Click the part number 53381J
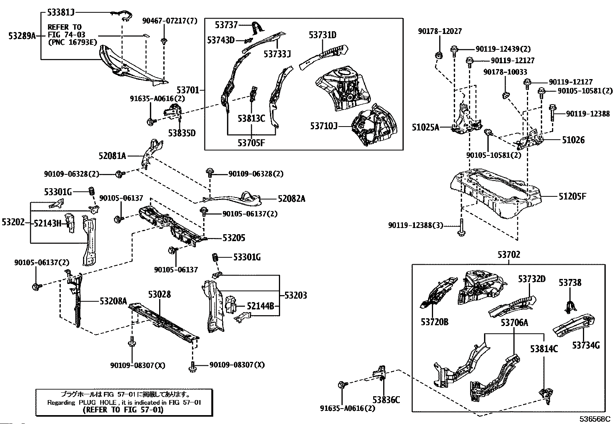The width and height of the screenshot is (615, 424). click(x=61, y=12)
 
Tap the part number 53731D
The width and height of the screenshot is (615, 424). click(x=322, y=35)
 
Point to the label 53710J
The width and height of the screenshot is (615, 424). click(x=324, y=126)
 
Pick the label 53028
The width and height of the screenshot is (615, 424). click(x=159, y=295)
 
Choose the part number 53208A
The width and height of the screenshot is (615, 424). click(x=113, y=301)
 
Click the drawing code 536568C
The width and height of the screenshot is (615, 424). click(x=594, y=419)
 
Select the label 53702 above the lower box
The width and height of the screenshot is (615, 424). click(x=509, y=255)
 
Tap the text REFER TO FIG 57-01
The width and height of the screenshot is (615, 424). click(x=123, y=410)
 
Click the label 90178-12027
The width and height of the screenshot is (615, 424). click(x=440, y=32)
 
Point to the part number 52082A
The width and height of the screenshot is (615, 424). click(x=291, y=199)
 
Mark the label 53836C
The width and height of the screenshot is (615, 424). click(x=386, y=400)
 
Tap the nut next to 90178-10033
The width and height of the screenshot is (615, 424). click(x=505, y=95)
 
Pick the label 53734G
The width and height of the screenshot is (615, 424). click(x=586, y=345)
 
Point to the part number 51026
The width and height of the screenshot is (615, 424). click(x=573, y=140)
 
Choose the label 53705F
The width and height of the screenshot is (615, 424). click(x=251, y=143)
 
